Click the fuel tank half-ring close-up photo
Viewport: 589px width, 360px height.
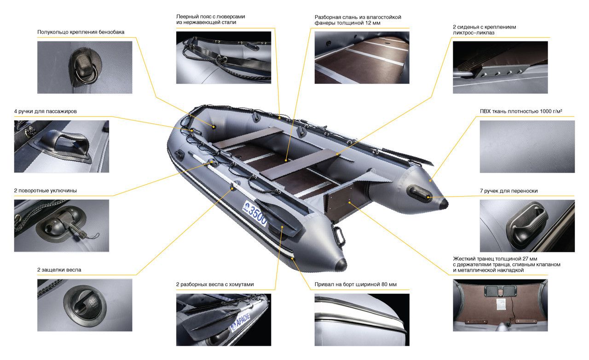85,67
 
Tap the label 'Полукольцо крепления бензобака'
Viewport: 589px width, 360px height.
81,32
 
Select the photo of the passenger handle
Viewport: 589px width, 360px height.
62,146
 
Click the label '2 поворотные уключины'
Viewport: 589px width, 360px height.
45,191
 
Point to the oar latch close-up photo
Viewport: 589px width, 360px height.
85,305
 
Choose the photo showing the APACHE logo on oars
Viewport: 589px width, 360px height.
224,320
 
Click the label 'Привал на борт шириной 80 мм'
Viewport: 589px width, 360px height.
356,284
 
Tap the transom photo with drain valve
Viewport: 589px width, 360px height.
500,305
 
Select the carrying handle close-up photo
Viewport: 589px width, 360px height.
527,226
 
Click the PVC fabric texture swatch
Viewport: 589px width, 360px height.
527,146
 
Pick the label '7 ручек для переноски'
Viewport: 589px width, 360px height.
509,191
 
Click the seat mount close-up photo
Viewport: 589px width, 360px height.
500,67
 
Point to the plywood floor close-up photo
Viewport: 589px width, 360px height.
362,58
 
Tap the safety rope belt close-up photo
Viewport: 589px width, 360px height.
224,58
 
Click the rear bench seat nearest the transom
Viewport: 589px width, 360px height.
300,164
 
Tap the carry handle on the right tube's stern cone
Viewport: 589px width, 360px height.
419,193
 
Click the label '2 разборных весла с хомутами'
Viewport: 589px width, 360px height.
215,284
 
